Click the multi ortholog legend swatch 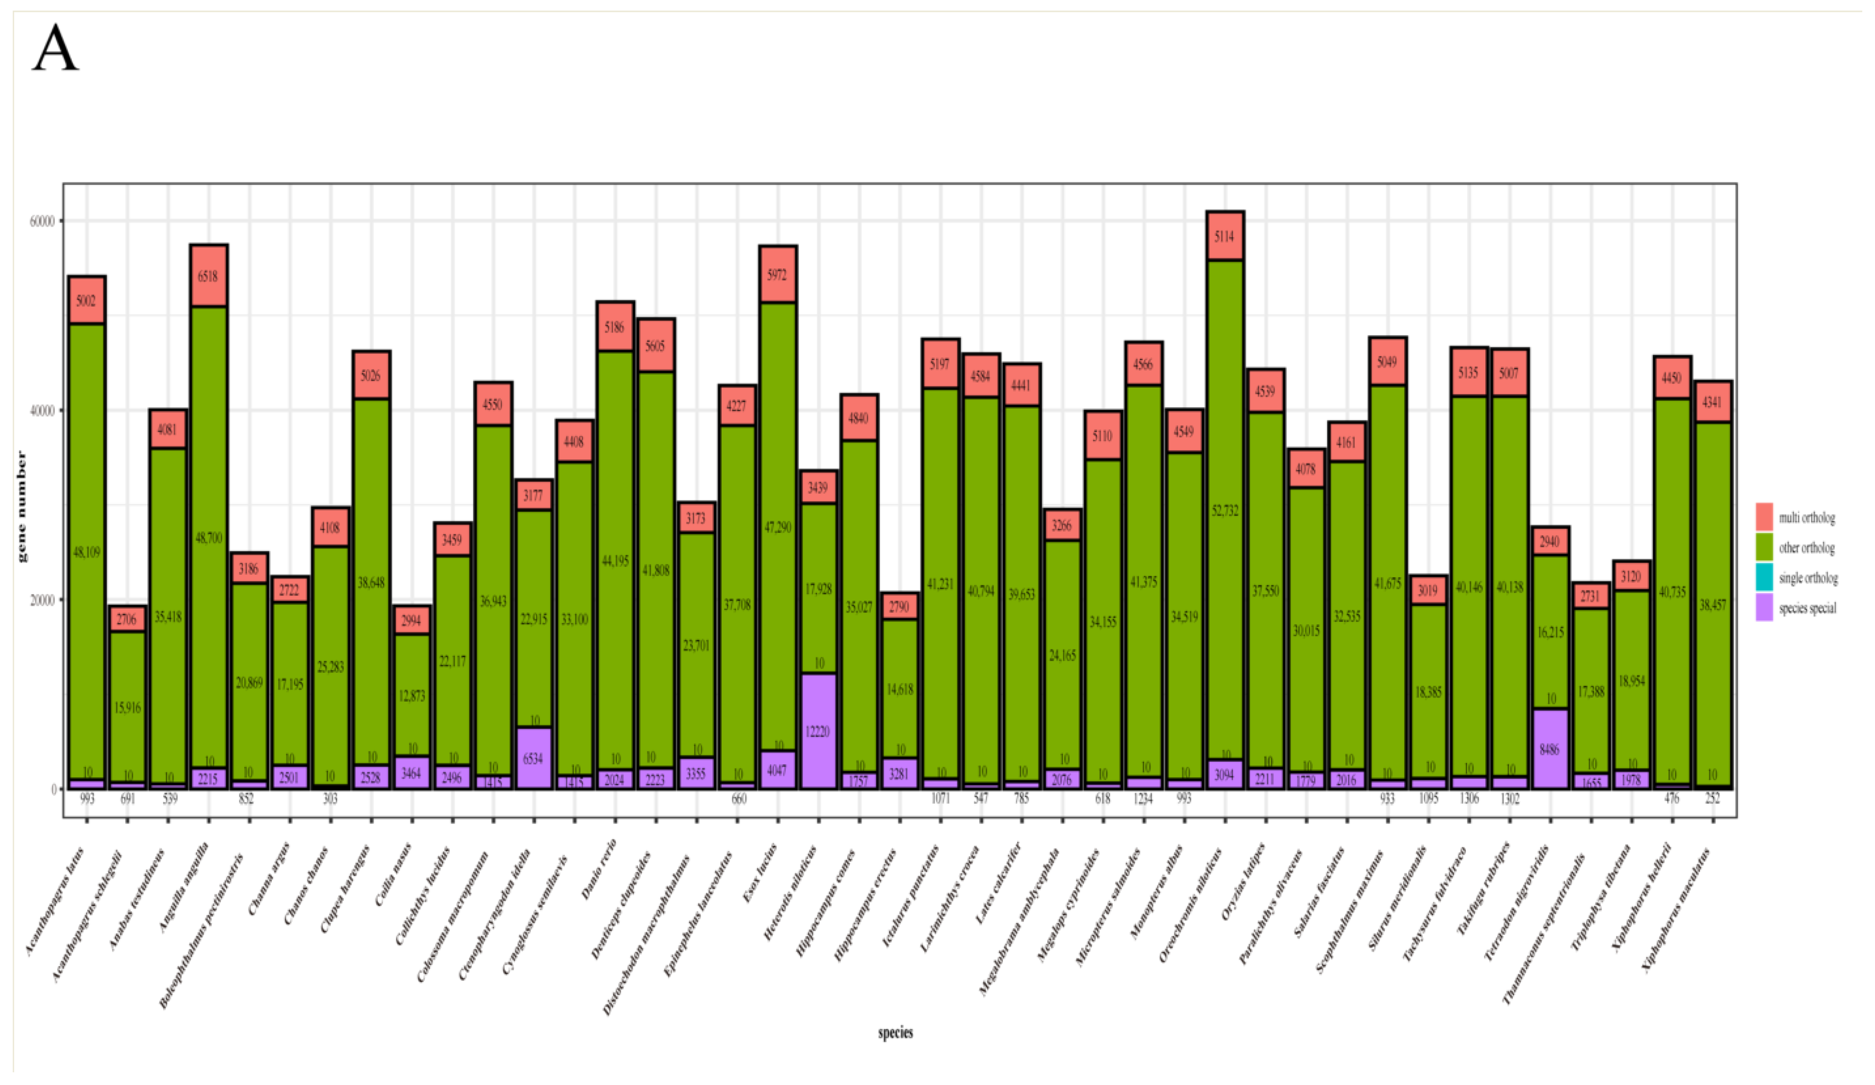coord(1764,517)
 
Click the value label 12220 coord(818,732)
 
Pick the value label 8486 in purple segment coord(1550,750)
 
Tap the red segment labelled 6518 coord(208,276)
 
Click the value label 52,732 coord(1225,511)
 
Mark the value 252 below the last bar coord(1711,799)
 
